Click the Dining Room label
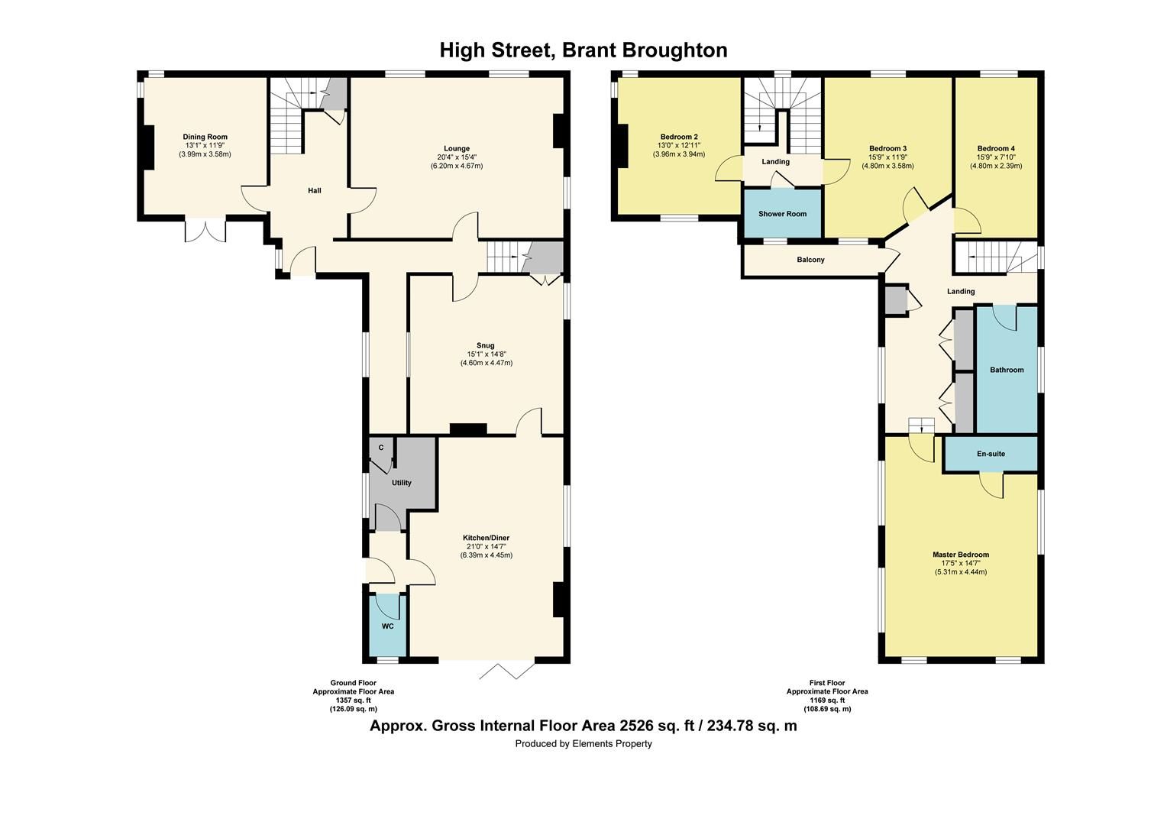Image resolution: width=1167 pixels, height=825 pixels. [205, 137]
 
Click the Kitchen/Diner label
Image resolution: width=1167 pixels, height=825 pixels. [486, 538]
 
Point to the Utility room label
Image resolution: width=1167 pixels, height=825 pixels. [401, 483]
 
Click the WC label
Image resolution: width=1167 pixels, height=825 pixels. [387, 626]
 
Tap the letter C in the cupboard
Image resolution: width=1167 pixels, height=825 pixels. [380, 448]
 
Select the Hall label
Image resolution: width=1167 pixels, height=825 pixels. [314, 190]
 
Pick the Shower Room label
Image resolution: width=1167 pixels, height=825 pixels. [782, 214]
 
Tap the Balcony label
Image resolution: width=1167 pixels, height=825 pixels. [810, 260]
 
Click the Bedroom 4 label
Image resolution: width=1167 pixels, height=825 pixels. [996, 148]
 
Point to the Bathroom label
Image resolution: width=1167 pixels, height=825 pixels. [1007, 370]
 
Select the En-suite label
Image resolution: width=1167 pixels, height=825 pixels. [991, 454]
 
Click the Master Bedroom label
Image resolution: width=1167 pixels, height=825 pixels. [960, 555]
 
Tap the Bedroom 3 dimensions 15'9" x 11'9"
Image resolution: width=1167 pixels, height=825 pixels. [887, 157]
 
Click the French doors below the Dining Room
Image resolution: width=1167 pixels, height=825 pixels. [205, 230]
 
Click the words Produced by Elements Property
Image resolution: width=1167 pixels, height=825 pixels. [583, 743]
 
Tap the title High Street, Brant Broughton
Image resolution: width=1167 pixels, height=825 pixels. [583, 50]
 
